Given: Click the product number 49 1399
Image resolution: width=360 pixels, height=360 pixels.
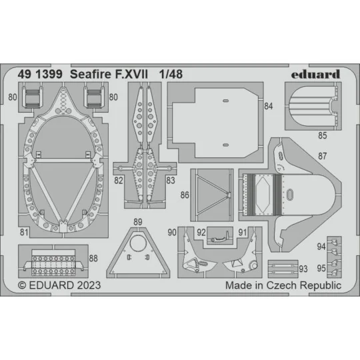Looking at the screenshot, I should click(x=43, y=74).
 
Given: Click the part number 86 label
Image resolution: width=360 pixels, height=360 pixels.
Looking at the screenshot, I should click(x=185, y=196).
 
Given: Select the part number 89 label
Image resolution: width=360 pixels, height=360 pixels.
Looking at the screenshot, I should click(x=137, y=222).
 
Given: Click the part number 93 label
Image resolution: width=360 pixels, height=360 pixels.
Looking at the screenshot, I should click(x=303, y=269).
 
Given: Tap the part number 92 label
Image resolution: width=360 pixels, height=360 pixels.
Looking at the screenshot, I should click(x=200, y=232).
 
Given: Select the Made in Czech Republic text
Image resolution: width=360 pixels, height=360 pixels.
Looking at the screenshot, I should click(x=283, y=285).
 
